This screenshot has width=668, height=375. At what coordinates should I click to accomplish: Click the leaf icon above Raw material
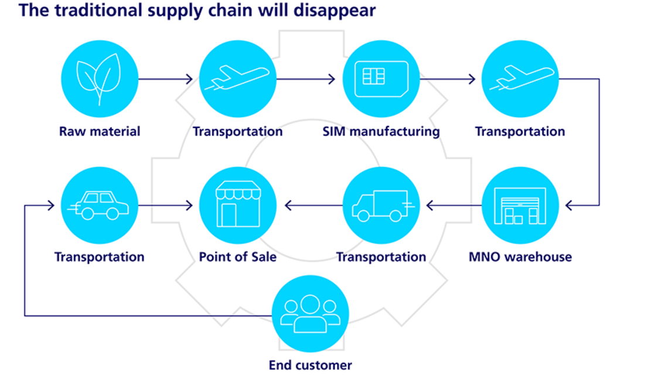pos(99,79)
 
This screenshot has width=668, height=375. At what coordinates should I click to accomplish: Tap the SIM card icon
pos(381,79)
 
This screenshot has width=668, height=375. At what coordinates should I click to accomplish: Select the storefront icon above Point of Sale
pos(237,205)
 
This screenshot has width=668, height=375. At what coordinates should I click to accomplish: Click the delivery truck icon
pos(381,205)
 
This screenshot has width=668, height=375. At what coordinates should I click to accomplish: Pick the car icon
pos(99,205)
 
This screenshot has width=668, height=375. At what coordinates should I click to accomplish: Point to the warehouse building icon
pos(520,205)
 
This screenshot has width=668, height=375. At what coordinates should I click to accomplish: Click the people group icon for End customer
pos(310,313)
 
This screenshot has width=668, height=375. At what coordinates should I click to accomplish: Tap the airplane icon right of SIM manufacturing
pos(520,79)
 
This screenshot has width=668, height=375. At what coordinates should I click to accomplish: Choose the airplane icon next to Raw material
pos(237,79)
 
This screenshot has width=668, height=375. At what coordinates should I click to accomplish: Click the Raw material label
pos(100,131)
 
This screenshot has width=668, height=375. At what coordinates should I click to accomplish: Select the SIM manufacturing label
pos(381,131)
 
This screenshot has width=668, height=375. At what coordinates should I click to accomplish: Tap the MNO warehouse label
pos(520,257)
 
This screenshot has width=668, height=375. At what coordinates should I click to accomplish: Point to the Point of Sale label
pos(237,257)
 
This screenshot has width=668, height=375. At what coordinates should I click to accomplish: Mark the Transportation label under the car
pos(99,257)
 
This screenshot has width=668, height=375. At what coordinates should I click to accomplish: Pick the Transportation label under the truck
pos(381,257)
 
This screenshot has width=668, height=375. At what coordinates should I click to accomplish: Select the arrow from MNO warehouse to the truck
pos(454,205)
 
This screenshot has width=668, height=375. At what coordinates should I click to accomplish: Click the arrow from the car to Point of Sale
pos(165,205)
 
